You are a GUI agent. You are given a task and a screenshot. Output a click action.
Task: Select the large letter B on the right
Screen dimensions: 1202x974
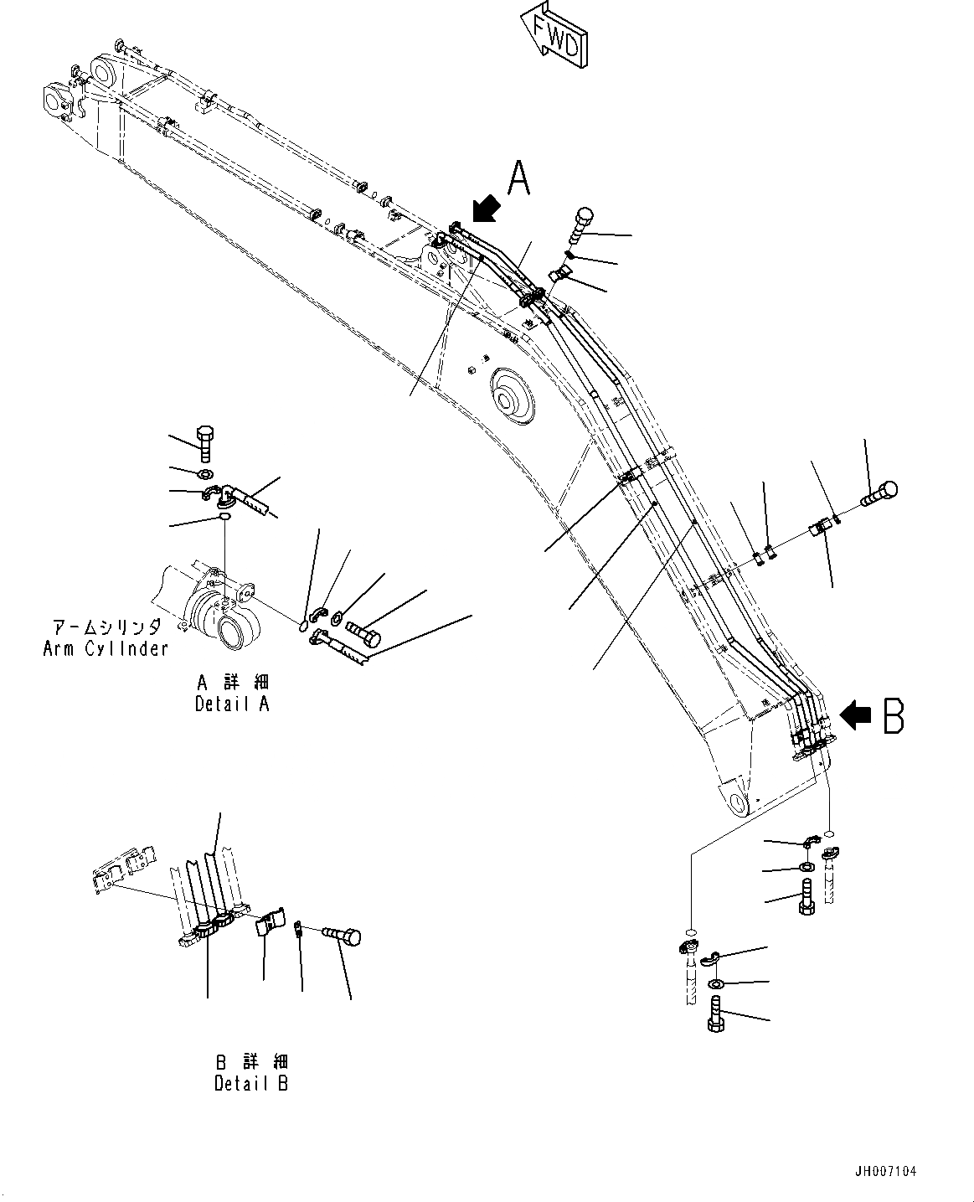[x=893, y=717]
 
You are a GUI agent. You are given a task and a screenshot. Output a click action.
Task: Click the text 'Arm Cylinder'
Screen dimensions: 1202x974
[x=106, y=648]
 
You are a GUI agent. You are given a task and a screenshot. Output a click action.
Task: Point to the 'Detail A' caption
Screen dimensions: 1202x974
[x=232, y=704]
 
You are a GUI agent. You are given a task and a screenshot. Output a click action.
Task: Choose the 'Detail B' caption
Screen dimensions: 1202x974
[x=250, y=1083]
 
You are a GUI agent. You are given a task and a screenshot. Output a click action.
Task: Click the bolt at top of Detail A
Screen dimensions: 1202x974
[x=206, y=443]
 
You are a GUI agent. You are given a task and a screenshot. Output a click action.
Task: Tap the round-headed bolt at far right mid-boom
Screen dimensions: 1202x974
[x=879, y=493]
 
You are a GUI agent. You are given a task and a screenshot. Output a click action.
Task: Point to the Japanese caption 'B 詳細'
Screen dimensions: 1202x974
[x=250, y=1062]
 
